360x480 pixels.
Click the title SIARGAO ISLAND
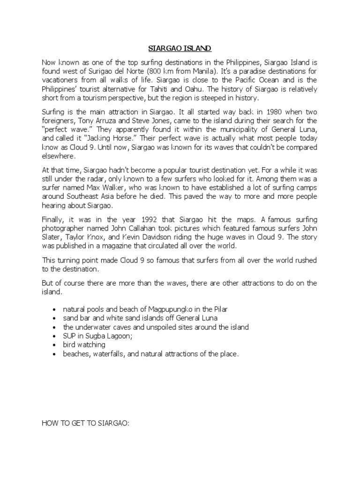(180, 48)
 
